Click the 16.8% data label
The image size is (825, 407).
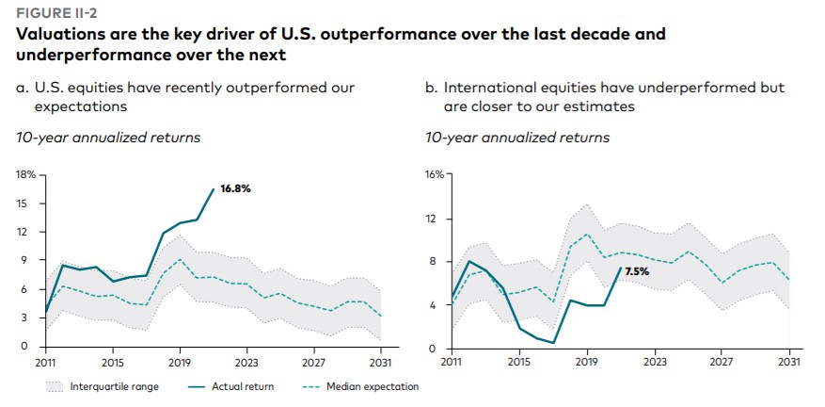click(235, 188)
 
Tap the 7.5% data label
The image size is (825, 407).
click(638, 271)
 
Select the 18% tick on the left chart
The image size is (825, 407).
click(24, 174)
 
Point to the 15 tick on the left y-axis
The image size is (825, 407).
click(26, 203)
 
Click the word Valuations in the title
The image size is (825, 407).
click(57, 34)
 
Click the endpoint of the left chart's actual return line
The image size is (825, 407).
click(214, 189)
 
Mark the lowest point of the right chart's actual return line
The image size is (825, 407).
click(553, 343)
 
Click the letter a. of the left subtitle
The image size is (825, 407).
click(23, 88)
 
